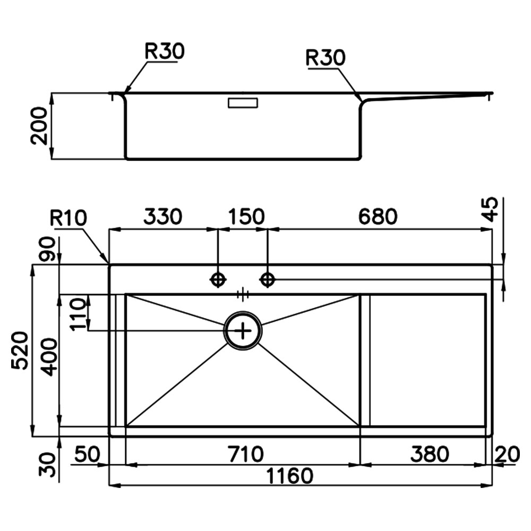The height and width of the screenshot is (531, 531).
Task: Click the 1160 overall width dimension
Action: tap(290, 476)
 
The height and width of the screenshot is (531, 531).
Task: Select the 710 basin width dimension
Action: tap(246, 454)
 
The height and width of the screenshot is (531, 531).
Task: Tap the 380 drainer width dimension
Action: tap(430, 454)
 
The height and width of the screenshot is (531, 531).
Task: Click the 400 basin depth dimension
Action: tap(49, 357)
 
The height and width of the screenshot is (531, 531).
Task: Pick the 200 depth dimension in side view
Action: tap(39, 126)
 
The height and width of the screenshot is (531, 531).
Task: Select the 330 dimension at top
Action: tap(162, 217)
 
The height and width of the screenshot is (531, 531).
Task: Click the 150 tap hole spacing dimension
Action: tap(246, 217)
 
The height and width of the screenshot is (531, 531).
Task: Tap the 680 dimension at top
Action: tap(378, 217)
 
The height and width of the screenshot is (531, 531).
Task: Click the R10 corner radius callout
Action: tap(68, 218)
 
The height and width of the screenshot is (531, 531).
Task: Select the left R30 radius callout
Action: tap(164, 51)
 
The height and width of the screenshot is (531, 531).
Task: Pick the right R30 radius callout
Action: tap(325, 58)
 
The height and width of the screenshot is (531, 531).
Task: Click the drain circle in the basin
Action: tap(243, 331)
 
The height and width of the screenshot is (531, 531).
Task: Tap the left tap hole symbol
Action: tap(218, 280)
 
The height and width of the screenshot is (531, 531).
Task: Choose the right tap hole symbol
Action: tap(268, 280)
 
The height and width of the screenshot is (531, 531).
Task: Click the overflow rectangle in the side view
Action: tap(243, 103)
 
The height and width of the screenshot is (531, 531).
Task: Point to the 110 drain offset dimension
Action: tap(78, 314)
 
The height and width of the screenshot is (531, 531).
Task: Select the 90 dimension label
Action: tap(47, 249)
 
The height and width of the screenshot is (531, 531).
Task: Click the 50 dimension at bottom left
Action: tap(88, 454)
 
